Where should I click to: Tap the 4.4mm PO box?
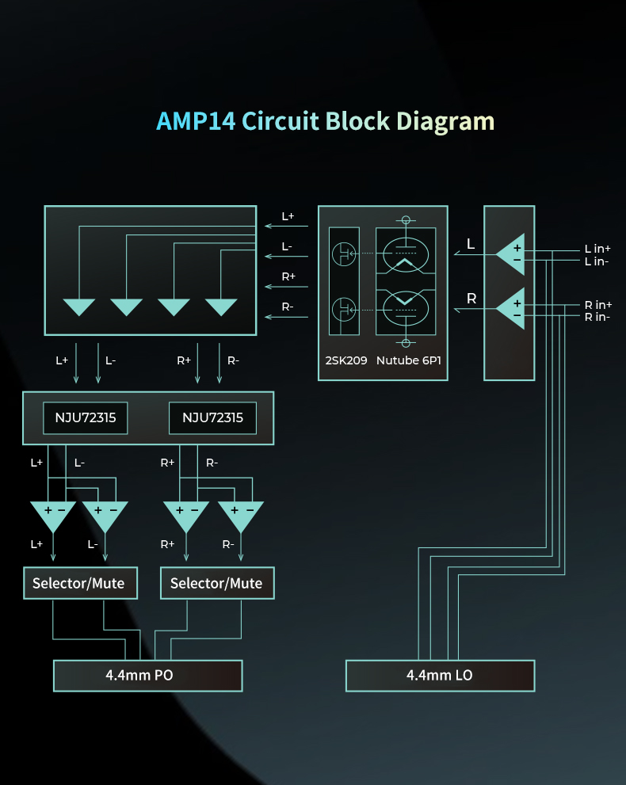coord(147,676)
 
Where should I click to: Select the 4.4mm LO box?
coord(440,676)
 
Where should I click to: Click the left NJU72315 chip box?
coord(85,417)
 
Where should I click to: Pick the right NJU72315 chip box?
coord(212,417)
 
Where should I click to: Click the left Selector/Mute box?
coord(78,583)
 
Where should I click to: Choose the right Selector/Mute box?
coord(216,583)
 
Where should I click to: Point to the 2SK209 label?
coord(346,361)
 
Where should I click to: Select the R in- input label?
coord(597,317)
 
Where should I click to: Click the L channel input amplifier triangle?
coord(511,253)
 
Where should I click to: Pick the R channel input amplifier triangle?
coord(511,309)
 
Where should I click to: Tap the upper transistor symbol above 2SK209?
coord(344,254)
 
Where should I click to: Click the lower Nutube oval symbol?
coord(407,305)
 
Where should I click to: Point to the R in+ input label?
coord(598,305)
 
